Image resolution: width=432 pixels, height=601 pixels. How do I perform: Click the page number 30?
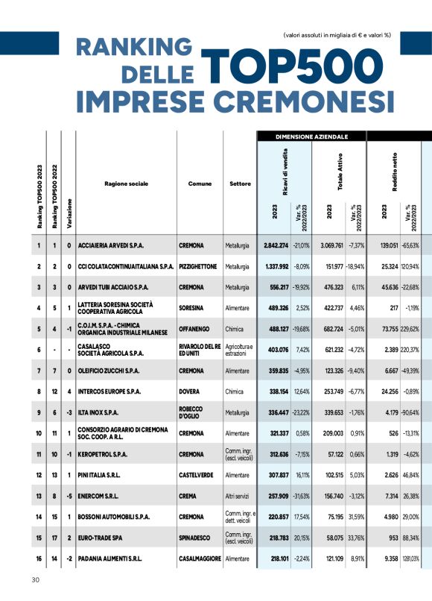tap(35, 580)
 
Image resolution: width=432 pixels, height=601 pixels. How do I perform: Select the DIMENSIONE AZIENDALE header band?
tap(311, 137)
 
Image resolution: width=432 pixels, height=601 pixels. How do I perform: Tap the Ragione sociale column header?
tap(126, 183)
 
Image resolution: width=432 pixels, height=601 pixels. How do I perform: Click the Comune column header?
tap(200, 183)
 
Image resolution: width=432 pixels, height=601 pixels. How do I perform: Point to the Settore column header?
tap(240, 183)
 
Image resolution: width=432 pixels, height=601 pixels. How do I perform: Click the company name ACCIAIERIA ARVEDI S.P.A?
tap(111, 245)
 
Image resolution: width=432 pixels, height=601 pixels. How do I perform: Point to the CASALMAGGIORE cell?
tap(200, 558)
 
